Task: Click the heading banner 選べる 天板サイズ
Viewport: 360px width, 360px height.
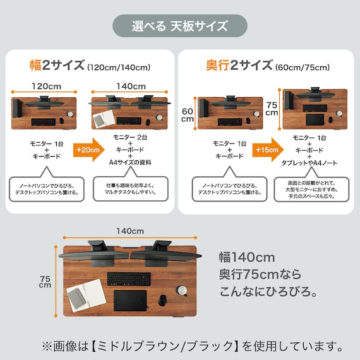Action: tap(180, 26)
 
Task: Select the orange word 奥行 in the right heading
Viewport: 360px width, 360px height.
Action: tap(217, 65)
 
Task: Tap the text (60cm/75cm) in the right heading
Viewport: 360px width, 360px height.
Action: tap(302, 67)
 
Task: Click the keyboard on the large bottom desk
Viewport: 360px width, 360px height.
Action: tap(129, 279)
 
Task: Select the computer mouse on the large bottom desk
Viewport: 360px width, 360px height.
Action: tap(162, 299)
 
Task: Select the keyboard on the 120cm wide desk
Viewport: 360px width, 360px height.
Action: tap(42, 121)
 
